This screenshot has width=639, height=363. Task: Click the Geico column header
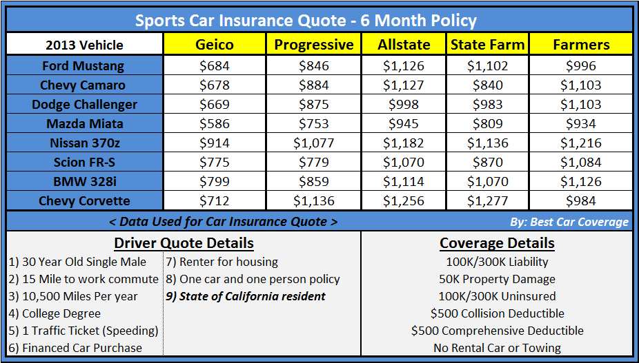[x=215, y=45]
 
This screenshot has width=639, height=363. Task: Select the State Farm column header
[x=487, y=45]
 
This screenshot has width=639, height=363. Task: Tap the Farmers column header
[x=581, y=45]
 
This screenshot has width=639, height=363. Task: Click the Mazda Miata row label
[x=85, y=124]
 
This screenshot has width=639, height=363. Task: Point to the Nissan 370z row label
[x=85, y=143]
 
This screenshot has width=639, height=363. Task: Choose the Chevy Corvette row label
[x=85, y=201]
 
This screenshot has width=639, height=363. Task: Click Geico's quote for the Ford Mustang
[x=215, y=66]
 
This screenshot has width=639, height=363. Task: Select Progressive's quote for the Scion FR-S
[x=314, y=163]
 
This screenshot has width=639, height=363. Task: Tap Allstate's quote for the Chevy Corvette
[x=404, y=201]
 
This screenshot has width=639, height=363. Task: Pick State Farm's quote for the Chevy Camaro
[x=487, y=85]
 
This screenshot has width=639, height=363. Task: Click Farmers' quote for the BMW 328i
[x=581, y=182]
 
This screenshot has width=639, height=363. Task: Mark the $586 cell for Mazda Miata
[x=215, y=124]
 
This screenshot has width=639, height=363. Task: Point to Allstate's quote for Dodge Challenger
[x=404, y=105]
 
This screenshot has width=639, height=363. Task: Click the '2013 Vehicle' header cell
[x=85, y=45]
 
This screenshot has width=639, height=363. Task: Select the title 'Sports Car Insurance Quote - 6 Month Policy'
[x=306, y=20]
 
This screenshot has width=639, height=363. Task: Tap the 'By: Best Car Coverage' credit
[x=576, y=222]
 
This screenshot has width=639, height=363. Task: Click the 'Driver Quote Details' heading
[x=184, y=243]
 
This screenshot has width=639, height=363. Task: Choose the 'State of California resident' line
[x=246, y=297]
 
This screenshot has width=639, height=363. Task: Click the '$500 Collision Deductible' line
[x=497, y=313]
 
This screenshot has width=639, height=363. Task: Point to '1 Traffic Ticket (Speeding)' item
[x=84, y=331]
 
